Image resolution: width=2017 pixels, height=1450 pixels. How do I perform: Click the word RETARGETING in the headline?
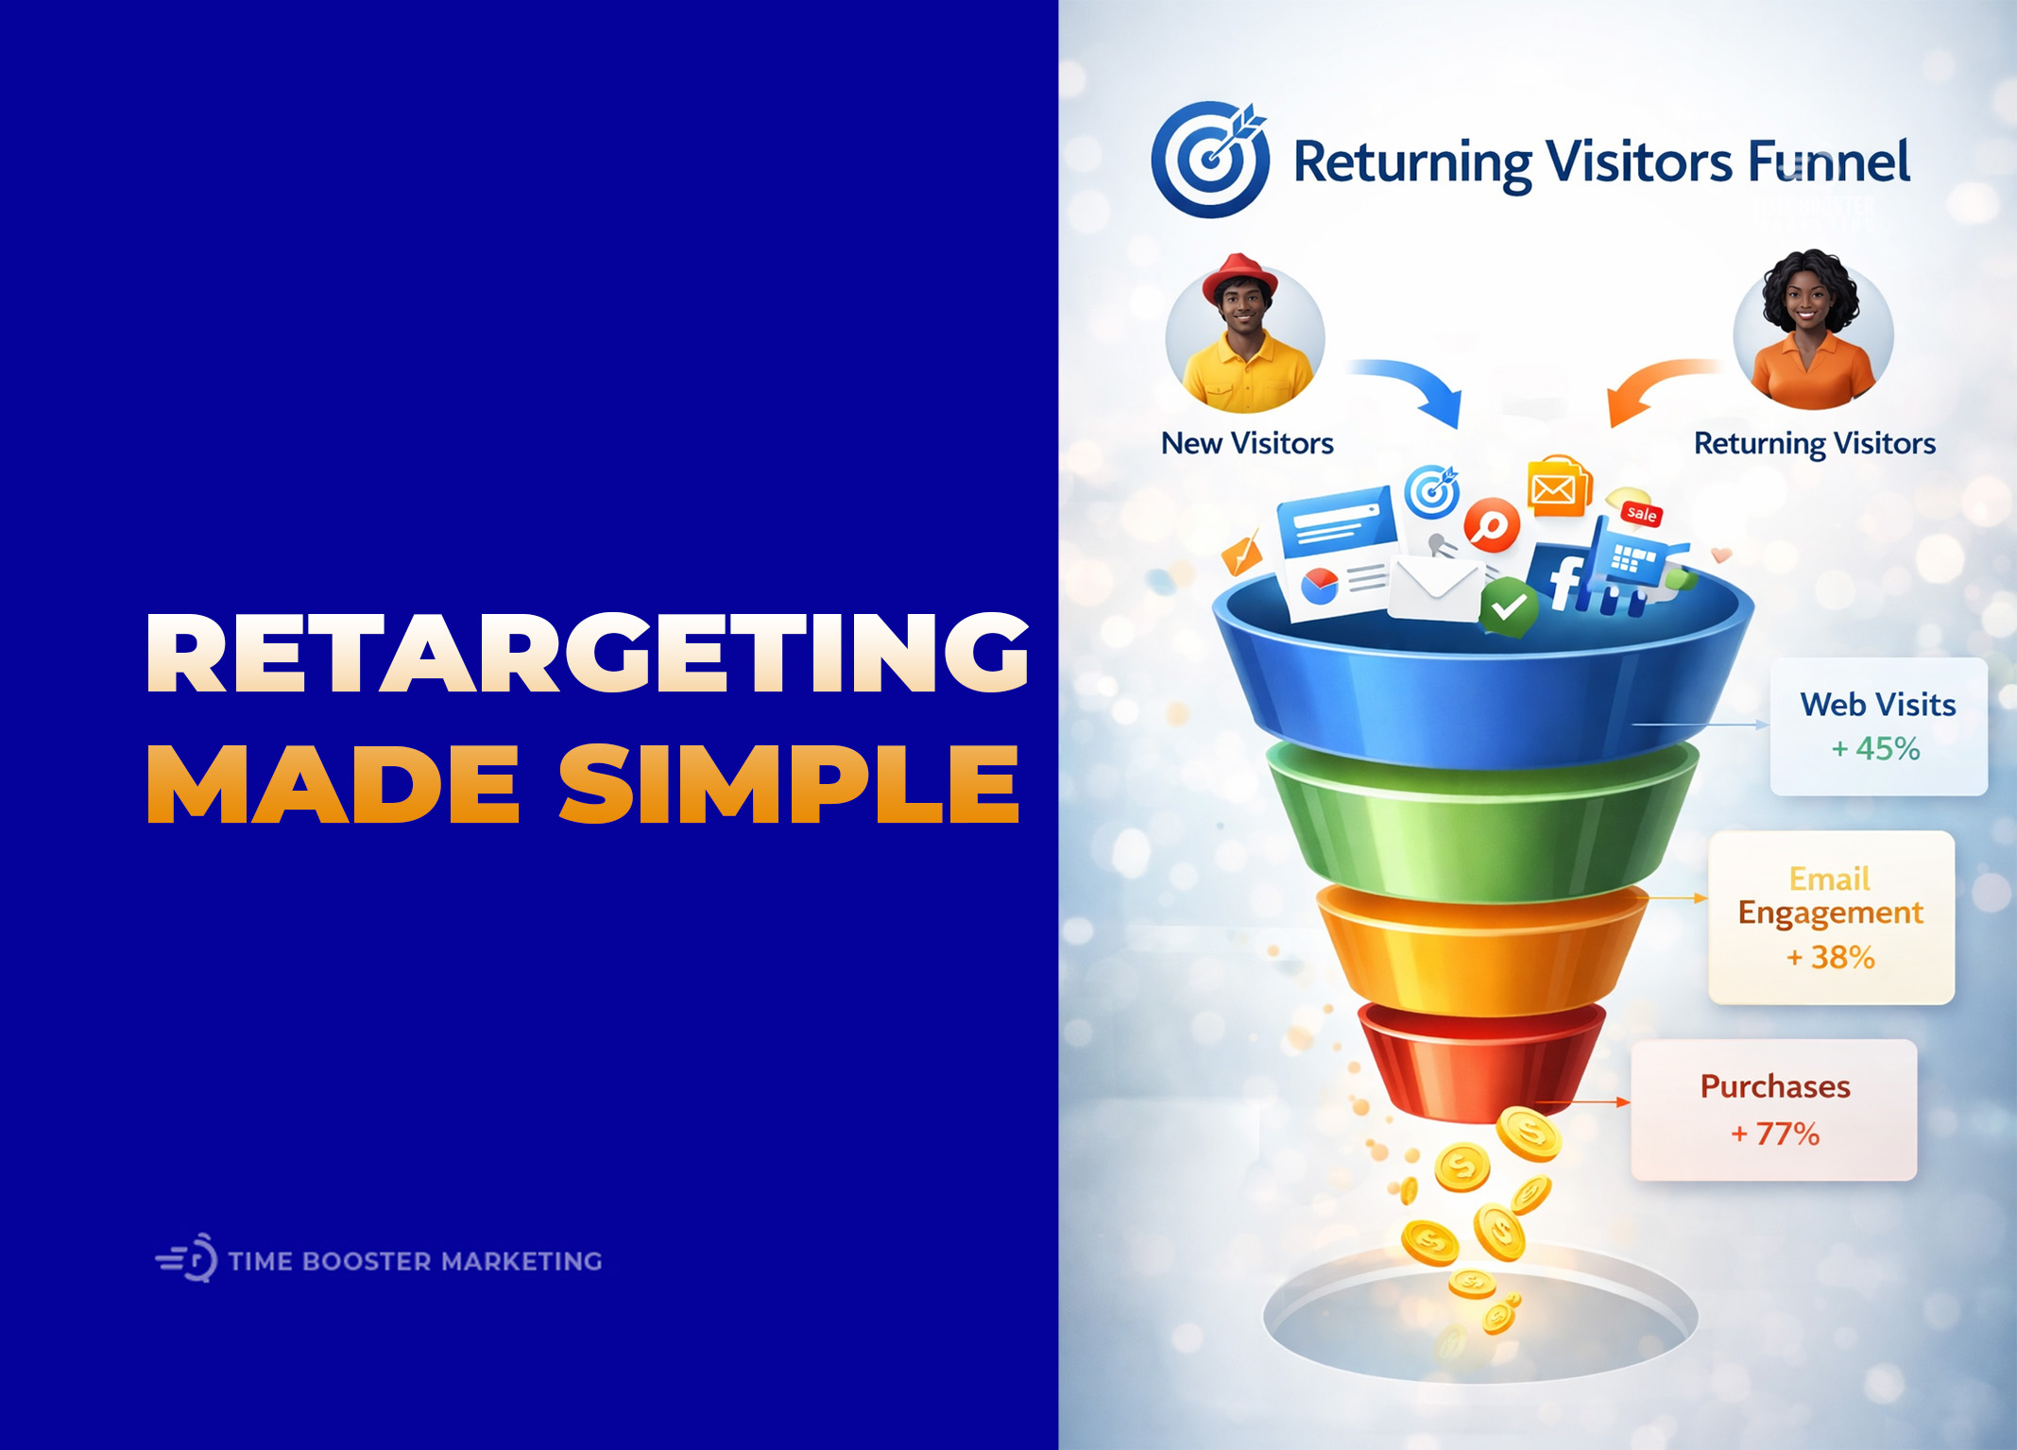click(586, 654)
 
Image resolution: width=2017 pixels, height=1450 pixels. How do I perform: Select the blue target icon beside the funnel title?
click(1210, 160)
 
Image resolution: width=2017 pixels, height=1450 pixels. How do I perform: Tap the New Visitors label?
click(1247, 443)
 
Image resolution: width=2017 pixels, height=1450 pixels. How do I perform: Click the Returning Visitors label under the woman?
click(1814, 443)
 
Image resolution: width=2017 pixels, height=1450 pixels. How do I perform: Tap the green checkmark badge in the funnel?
click(1509, 606)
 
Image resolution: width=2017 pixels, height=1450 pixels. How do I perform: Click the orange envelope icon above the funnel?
click(1557, 488)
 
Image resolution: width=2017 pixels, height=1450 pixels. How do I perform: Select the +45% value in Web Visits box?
click(1876, 749)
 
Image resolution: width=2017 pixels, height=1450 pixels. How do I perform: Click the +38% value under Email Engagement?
click(1831, 958)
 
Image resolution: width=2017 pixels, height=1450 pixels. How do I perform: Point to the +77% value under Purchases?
click(1774, 1134)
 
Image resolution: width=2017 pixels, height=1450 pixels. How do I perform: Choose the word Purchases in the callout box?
click(1775, 1086)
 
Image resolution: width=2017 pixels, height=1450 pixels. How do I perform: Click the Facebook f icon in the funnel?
click(1564, 581)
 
